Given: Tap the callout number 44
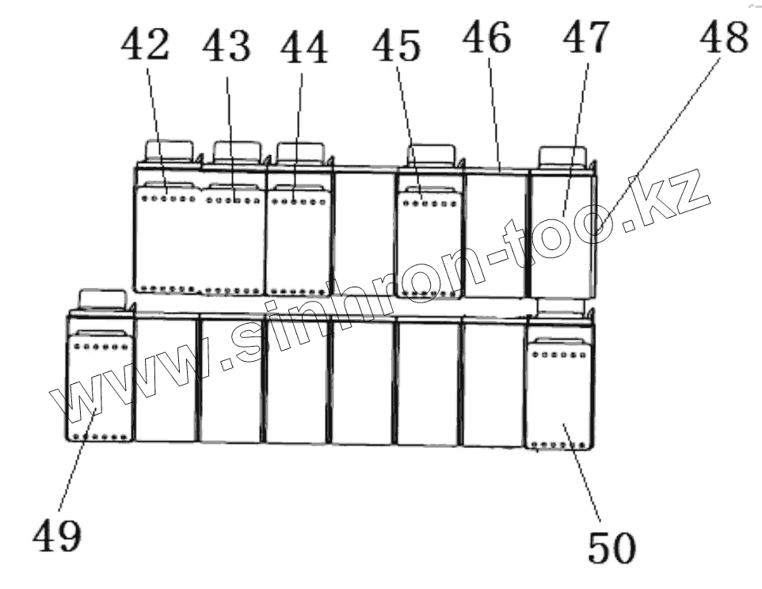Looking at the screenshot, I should point(303,48).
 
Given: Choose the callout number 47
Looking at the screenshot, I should point(587,36).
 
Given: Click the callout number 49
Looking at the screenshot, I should point(57,537).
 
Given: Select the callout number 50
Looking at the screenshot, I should point(612,546).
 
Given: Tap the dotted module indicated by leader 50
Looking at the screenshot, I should point(558,392).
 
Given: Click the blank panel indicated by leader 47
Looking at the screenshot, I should point(562,234).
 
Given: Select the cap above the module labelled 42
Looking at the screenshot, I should point(169,150).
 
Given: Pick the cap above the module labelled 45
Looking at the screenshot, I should point(431,154).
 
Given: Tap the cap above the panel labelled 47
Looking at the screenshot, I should point(562,156).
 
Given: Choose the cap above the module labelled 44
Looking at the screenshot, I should point(299,151).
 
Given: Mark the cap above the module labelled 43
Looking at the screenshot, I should point(237,150).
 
